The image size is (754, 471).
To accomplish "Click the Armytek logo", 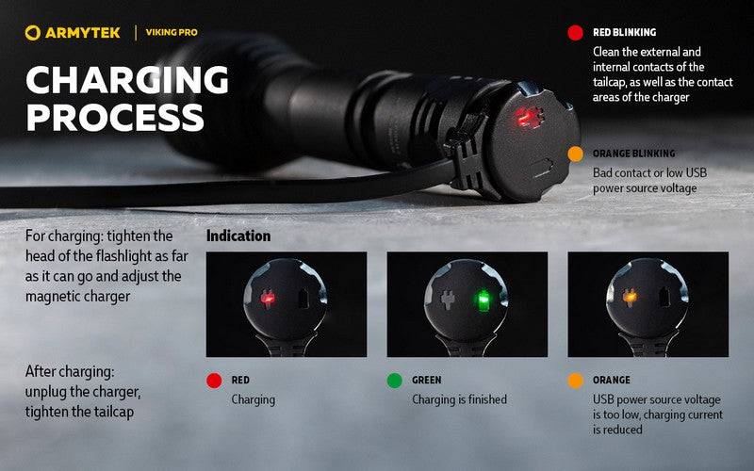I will pos(74,33).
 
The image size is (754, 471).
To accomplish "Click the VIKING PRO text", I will pos(172,33).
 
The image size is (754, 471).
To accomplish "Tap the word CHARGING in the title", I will pos(126,81).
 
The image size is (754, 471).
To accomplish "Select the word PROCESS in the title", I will pos(114,119).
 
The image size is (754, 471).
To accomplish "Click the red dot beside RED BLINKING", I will pos(575,32).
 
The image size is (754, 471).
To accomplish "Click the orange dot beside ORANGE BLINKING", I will pos(575,153).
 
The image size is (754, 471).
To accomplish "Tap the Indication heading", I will pos(238,235).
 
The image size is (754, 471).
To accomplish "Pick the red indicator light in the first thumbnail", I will pos(267,299).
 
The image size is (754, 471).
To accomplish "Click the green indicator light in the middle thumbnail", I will pos(482,300).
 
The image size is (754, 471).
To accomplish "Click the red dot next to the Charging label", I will pos(214,381).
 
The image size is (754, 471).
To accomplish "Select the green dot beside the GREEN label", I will pos(394,381).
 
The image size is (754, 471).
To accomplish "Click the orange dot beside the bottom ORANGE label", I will pos(575,381).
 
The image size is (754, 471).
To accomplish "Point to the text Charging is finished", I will pos(459,399).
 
